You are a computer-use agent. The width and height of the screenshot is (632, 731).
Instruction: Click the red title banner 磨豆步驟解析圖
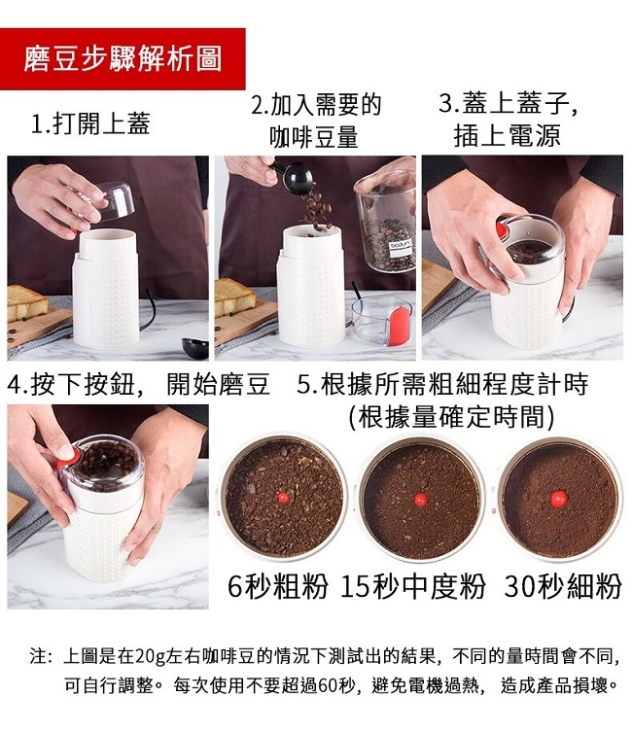(123, 58)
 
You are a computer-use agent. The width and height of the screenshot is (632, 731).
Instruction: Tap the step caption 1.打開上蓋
(90, 123)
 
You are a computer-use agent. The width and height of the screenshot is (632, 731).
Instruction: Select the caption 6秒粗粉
(278, 586)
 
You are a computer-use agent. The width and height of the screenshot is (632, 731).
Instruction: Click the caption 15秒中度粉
(413, 586)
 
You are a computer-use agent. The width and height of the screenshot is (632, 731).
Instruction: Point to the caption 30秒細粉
(563, 586)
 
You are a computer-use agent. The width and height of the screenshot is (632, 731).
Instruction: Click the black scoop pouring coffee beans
(296, 176)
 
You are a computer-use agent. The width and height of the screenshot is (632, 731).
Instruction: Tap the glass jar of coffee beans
(385, 223)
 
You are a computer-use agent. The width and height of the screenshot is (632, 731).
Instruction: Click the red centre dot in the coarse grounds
(284, 498)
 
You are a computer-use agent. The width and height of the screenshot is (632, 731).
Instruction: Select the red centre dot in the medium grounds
(421, 500)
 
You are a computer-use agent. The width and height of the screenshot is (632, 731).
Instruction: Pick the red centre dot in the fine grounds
(559, 499)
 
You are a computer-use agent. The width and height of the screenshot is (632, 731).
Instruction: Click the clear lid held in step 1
(112, 201)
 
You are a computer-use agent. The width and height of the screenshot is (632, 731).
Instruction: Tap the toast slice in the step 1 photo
(26, 303)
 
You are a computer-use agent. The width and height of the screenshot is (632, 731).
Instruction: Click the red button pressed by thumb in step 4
(68, 456)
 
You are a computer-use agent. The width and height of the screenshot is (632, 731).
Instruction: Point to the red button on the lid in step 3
(503, 229)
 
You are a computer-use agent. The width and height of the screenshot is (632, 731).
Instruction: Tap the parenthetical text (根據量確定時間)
(451, 416)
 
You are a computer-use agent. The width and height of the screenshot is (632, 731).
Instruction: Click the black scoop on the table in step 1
(195, 348)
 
